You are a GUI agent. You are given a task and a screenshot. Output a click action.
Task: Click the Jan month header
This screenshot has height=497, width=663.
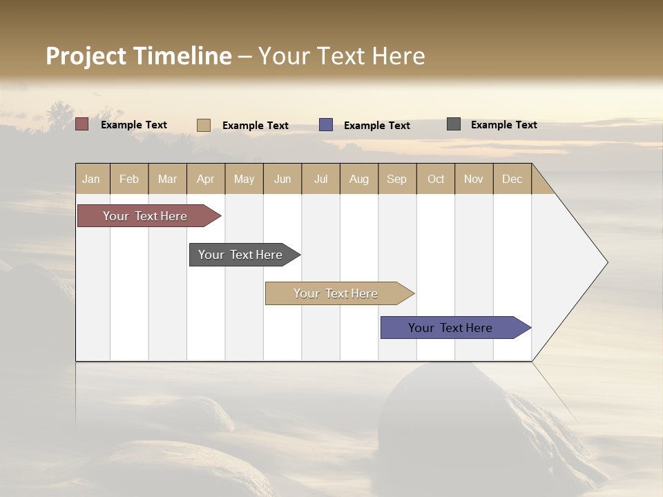click(x=91, y=179)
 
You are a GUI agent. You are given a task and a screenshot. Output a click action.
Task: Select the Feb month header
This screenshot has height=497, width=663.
click(x=129, y=179)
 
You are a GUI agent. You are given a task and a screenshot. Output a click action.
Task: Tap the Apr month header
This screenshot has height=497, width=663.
click(x=205, y=179)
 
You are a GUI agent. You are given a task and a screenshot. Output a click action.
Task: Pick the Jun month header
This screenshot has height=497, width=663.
click(x=282, y=179)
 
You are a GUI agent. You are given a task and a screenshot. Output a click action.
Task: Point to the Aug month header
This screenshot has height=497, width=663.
click(x=358, y=179)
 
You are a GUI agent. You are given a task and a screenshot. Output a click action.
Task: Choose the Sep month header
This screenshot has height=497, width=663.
click(x=396, y=179)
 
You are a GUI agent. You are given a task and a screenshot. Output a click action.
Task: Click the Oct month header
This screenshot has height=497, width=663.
click(x=436, y=179)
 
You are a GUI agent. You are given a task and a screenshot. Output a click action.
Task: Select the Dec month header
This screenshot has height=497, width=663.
click(x=512, y=179)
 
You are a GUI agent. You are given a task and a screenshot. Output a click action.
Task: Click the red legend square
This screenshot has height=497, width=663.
click(x=82, y=124)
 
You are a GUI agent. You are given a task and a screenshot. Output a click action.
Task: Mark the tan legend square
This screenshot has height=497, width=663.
click(x=204, y=125)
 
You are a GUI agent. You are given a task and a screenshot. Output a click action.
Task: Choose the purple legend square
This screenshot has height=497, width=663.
click(x=326, y=125)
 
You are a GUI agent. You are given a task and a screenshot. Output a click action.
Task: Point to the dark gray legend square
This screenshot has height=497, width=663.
click(x=454, y=124)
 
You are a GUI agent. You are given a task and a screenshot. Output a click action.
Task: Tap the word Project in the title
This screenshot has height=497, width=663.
click(x=87, y=57)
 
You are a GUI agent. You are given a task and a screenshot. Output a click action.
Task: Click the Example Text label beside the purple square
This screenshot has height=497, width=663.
click(x=377, y=126)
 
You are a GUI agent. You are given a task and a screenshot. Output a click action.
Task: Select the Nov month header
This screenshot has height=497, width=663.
click(x=474, y=179)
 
